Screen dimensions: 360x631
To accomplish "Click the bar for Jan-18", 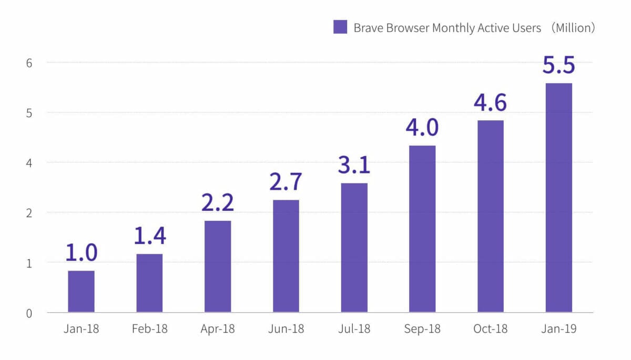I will pyautogui.click(x=81, y=291).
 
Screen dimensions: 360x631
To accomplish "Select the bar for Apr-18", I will pyautogui.click(x=218, y=266).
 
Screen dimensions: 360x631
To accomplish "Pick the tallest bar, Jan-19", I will pyautogui.click(x=559, y=198).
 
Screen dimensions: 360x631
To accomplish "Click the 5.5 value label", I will pyautogui.click(x=559, y=65).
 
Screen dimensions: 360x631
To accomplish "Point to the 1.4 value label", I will pyautogui.click(x=149, y=235).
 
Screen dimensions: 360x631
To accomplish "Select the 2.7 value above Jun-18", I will pyautogui.click(x=286, y=181).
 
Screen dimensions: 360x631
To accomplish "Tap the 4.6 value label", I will pyautogui.click(x=490, y=102).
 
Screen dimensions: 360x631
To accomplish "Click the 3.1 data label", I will pyautogui.click(x=354, y=164).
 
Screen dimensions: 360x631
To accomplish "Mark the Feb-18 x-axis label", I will pyautogui.click(x=149, y=329).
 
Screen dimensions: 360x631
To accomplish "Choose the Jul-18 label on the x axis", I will pyautogui.click(x=354, y=329).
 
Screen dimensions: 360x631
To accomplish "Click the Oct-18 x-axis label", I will pyautogui.click(x=490, y=329).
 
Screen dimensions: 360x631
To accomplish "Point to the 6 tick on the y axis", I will pyautogui.click(x=29, y=63).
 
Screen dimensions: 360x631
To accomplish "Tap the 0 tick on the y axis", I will pyautogui.click(x=29, y=313).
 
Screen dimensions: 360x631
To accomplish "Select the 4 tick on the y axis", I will pyautogui.click(x=29, y=163).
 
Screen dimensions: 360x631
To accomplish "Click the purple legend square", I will pyautogui.click(x=340, y=27).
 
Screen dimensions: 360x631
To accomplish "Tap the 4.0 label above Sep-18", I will pyautogui.click(x=422, y=128).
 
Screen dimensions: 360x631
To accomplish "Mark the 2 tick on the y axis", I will pyautogui.click(x=29, y=213).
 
